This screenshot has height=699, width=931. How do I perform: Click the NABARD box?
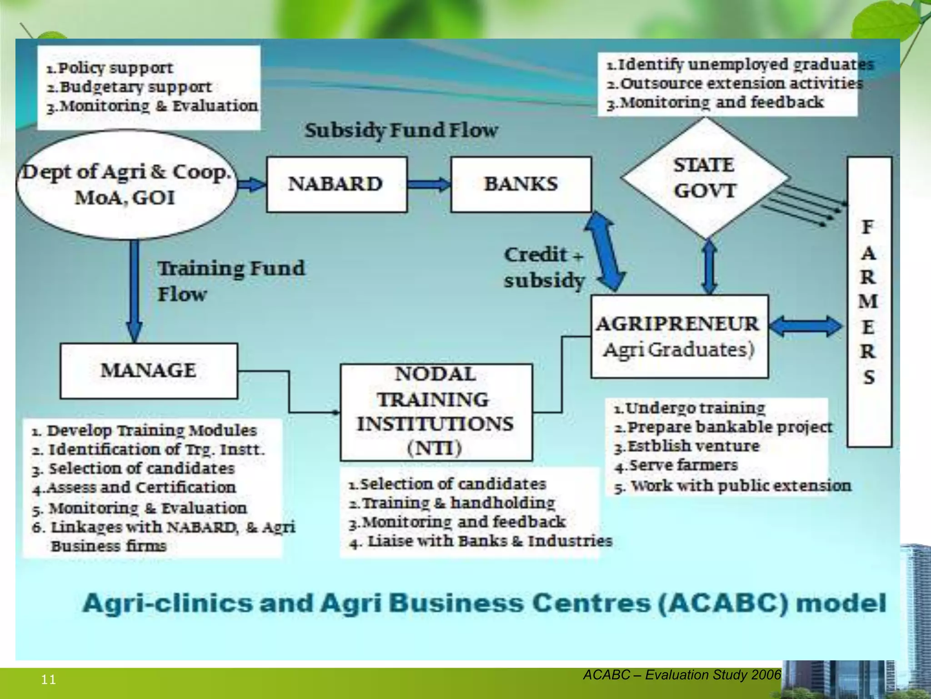pos(336,184)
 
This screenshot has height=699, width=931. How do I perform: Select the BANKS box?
pos(521,184)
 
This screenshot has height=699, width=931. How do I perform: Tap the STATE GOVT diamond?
pos(704,178)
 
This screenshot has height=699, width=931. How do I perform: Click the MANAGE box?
pos(149,370)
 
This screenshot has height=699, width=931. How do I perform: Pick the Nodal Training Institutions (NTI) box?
pos(436,412)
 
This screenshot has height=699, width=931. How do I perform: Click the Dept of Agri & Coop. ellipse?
pos(126,184)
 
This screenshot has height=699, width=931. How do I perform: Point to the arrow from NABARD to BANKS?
pos(428,184)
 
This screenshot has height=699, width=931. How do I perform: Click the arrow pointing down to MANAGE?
pos(135,291)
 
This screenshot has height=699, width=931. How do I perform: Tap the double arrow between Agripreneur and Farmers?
pos(806,326)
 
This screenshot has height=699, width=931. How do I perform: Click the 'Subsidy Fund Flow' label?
pos(401,131)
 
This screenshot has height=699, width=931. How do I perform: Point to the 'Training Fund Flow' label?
pos(231,281)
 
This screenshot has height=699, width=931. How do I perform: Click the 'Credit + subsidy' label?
pos(544,268)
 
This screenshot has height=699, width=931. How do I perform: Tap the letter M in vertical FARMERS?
pos(868,302)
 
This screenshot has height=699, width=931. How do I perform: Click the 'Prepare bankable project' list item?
pos(723,427)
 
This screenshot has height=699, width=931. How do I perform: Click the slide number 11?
pos(49,680)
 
